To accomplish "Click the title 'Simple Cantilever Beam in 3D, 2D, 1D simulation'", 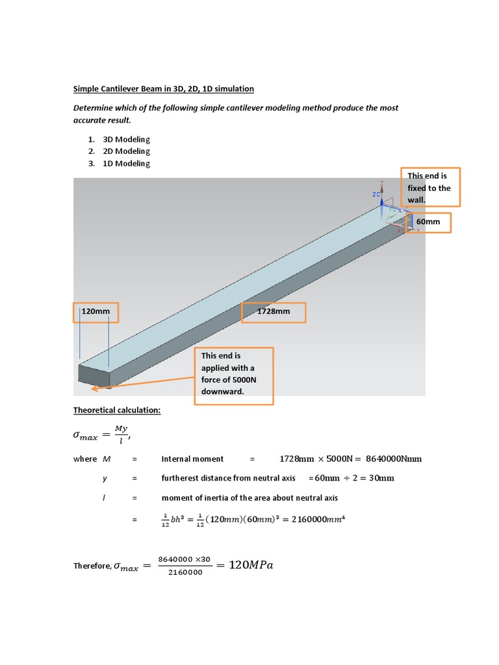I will tap(163, 88).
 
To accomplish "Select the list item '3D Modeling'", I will tap(126, 139).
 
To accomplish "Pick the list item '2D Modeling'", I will tap(126, 151).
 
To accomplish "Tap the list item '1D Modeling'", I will tap(126, 164).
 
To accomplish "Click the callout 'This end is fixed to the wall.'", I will tap(431, 188).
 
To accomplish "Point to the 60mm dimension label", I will tap(428, 221).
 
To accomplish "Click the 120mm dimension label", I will tap(96, 312).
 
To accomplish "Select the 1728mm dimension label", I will tap(273, 312).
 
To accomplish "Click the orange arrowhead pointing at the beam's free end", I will tap(95, 389).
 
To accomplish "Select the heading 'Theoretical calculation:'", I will tap(116, 410).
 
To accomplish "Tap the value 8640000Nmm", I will tap(394, 458).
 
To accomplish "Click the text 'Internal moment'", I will tap(192, 459).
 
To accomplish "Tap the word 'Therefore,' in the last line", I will tap(92, 566).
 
